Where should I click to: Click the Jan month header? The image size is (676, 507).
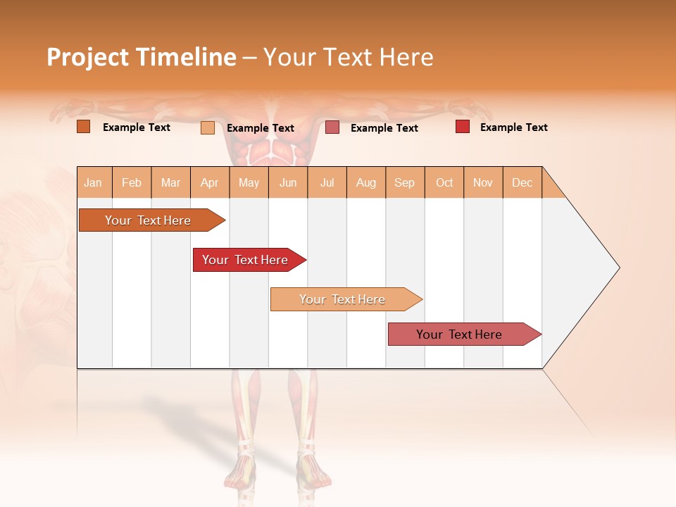[x=93, y=182]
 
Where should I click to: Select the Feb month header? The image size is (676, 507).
[x=132, y=182]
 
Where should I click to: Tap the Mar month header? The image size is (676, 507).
[x=170, y=182]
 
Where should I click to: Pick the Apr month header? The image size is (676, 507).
[x=210, y=182]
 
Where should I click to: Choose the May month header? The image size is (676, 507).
[x=249, y=182]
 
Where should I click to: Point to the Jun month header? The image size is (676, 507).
[x=288, y=182]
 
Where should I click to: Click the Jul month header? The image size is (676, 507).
[x=327, y=182]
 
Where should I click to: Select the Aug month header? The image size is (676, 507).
[x=366, y=182]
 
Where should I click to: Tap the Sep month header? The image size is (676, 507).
[x=405, y=182]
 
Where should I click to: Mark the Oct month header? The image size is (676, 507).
[x=444, y=182]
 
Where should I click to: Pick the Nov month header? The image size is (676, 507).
[x=483, y=182]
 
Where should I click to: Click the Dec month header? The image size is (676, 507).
[x=522, y=182]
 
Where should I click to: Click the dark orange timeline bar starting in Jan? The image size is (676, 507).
[x=148, y=220]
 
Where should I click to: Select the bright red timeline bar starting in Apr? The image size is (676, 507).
[x=245, y=260]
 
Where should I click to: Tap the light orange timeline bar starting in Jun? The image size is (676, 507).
[x=342, y=299]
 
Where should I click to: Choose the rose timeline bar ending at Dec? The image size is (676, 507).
[x=459, y=334]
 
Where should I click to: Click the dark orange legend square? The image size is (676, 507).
[x=83, y=127]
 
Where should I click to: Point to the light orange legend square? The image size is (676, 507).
[x=207, y=127]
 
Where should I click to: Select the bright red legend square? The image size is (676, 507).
[x=463, y=127]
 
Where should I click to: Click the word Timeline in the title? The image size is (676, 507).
[x=186, y=57]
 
